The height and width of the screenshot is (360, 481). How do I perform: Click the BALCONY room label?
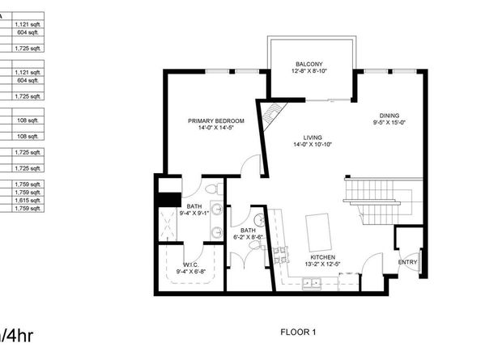[309, 64]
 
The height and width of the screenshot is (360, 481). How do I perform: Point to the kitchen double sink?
[311, 282]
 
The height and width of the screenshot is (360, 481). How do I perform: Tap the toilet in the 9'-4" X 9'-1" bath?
[210, 189]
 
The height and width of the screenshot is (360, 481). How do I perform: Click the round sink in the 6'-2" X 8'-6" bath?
[261, 219]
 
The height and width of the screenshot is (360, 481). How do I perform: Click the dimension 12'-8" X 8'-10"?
[309, 71]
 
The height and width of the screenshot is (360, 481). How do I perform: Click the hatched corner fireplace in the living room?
[271, 111]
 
